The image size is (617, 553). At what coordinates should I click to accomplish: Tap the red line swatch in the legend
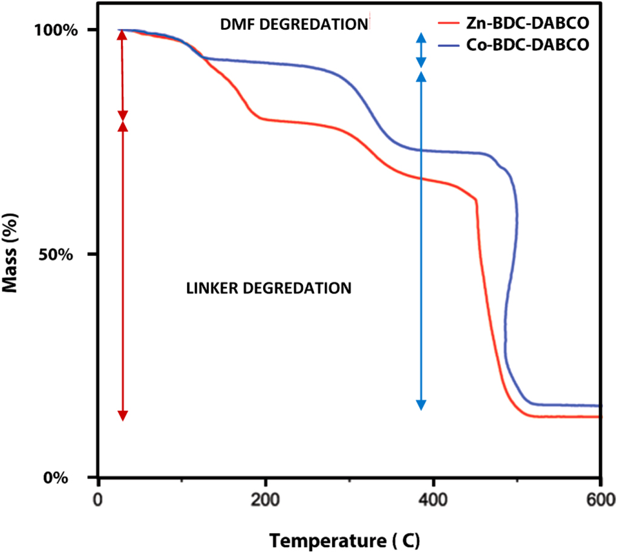coord(453,25)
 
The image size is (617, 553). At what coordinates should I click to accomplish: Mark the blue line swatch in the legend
coord(453,45)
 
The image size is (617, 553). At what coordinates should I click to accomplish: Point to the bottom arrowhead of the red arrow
coord(123,415)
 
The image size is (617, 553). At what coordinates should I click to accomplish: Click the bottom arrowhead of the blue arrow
coord(422,405)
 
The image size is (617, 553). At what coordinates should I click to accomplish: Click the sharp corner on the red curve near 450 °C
coord(476,199)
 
